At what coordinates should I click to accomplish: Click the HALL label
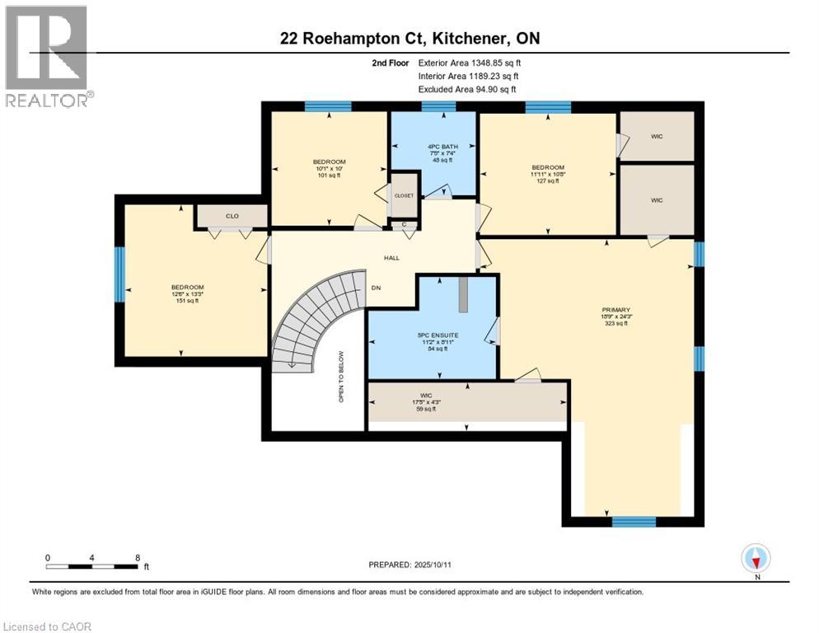pyautogui.click(x=391, y=258)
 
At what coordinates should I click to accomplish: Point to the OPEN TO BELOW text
pyautogui.click(x=339, y=377)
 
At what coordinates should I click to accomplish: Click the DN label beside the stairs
pyautogui.click(x=376, y=288)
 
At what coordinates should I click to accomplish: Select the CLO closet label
pyautogui.click(x=232, y=217)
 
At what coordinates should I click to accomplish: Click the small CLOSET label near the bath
pyautogui.click(x=404, y=196)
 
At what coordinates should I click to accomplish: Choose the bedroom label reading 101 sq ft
pyautogui.click(x=329, y=168)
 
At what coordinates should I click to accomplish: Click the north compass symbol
pyautogui.click(x=756, y=559)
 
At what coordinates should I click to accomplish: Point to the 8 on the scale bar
pyautogui.click(x=137, y=557)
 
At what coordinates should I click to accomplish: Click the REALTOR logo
pyautogui.click(x=48, y=56)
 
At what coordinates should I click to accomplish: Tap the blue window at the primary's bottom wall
pyautogui.click(x=634, y=521)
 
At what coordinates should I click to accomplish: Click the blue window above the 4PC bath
pyautogui.click(x=433, y=106)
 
